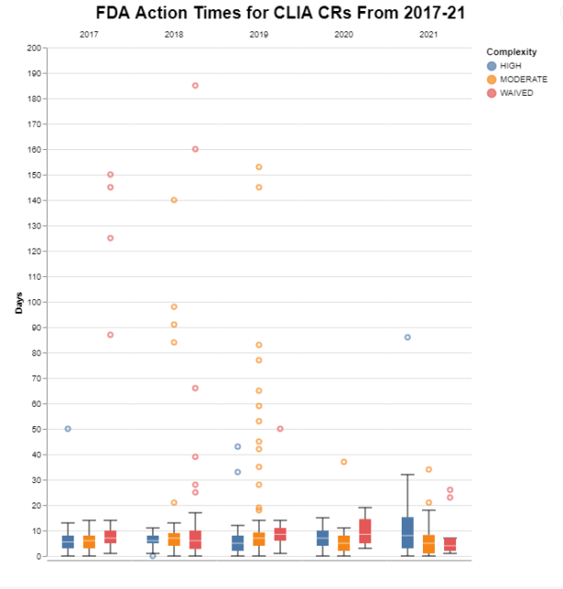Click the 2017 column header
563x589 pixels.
point(89,34)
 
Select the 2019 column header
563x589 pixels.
point(259,34)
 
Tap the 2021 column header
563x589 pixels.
point(428,34)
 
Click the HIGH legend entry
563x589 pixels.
point(510,66)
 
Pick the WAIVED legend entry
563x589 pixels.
point(514,93)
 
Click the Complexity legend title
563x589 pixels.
point(511,52)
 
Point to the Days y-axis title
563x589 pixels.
point(19,302)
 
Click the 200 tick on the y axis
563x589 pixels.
point(35,48)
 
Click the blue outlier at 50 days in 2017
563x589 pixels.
point(68,429)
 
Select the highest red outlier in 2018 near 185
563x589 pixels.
point(195,86)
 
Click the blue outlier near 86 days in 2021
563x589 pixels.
point(407,338)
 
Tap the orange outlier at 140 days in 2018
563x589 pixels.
point(174,200)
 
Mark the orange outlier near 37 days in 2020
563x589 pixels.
point(344,462)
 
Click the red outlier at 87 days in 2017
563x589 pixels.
point(111,335)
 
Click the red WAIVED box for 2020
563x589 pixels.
point(365,531)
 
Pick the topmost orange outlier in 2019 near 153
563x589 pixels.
point(259,167)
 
